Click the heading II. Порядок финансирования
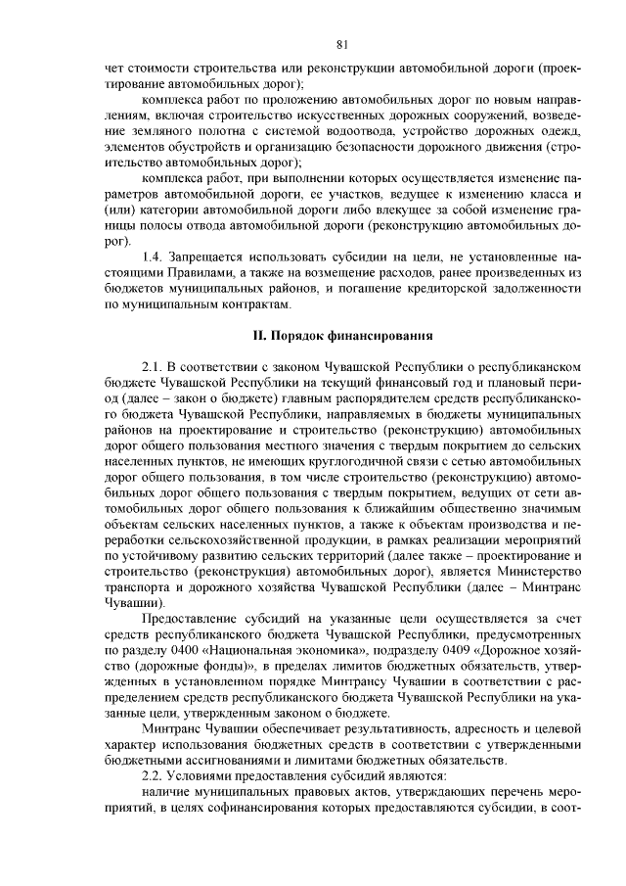click(x=342, y=335)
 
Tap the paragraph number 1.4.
click(x=155, y=257)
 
